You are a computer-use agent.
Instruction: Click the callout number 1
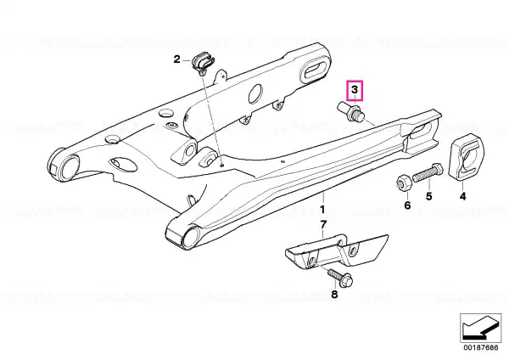coord(322,209)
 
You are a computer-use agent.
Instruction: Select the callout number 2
coord(177,59)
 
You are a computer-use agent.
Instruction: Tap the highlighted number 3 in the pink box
coord(355,89)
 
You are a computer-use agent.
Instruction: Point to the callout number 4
coord(463,196)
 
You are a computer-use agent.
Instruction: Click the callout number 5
coord(428,196)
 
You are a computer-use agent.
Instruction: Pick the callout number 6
coord(407,205)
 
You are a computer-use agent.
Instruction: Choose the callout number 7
coord(323,224)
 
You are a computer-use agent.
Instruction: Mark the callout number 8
coord(334,295)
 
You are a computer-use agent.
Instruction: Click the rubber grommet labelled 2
coord(203,62)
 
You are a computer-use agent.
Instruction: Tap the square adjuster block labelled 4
coord(466,156)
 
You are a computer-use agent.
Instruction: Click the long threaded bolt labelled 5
coord(428,172)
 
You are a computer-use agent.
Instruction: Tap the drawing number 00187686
coord(480,347)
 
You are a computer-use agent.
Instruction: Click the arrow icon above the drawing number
coord(480,328)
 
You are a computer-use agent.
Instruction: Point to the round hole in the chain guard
coord(255,93)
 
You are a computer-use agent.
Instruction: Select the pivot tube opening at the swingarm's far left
coord(68,167)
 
